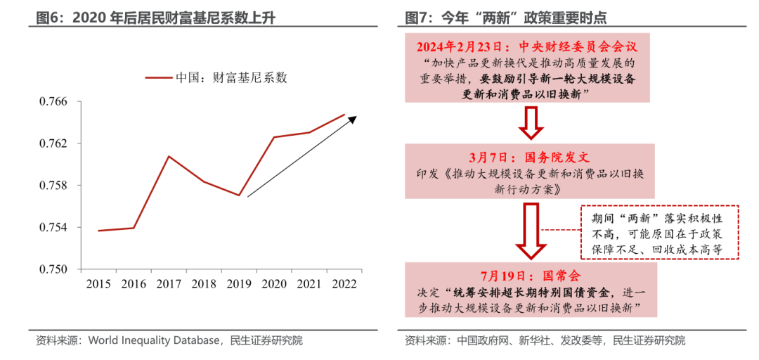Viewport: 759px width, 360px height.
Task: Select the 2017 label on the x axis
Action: pos(169,283)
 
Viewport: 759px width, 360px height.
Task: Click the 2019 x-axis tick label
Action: pos(239,283)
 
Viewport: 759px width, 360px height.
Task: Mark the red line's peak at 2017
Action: pos(169,156)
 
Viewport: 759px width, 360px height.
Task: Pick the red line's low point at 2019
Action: pos(239,195)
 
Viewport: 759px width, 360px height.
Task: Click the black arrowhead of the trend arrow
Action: pos(353,119)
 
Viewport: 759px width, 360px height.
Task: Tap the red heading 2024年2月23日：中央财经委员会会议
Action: pos(526,46)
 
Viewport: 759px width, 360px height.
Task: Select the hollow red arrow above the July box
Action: pos(531,233)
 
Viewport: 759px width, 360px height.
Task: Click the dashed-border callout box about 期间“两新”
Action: pos(660,232)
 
